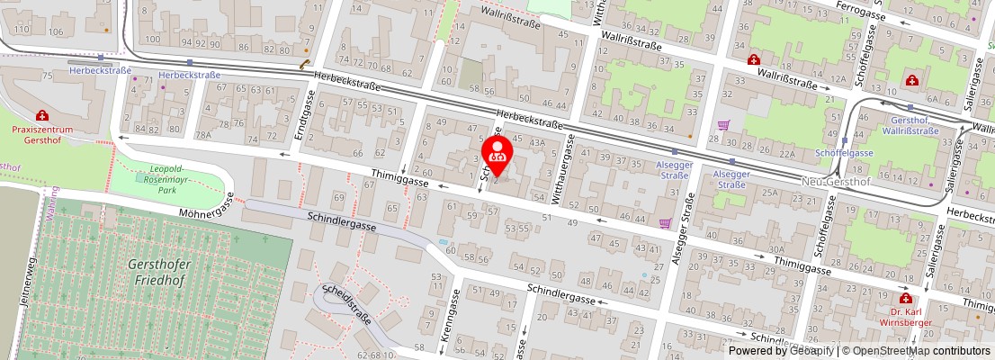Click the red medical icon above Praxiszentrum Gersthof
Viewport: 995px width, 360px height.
pyautogui.click(x=42, y=116)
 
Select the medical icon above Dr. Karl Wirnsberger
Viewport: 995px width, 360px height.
pyautogui.click(x=905, y=298)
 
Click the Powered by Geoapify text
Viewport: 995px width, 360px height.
pyautogui.click(x=780, y=351)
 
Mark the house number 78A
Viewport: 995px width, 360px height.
pyautogui.click(x=204, y=135)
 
